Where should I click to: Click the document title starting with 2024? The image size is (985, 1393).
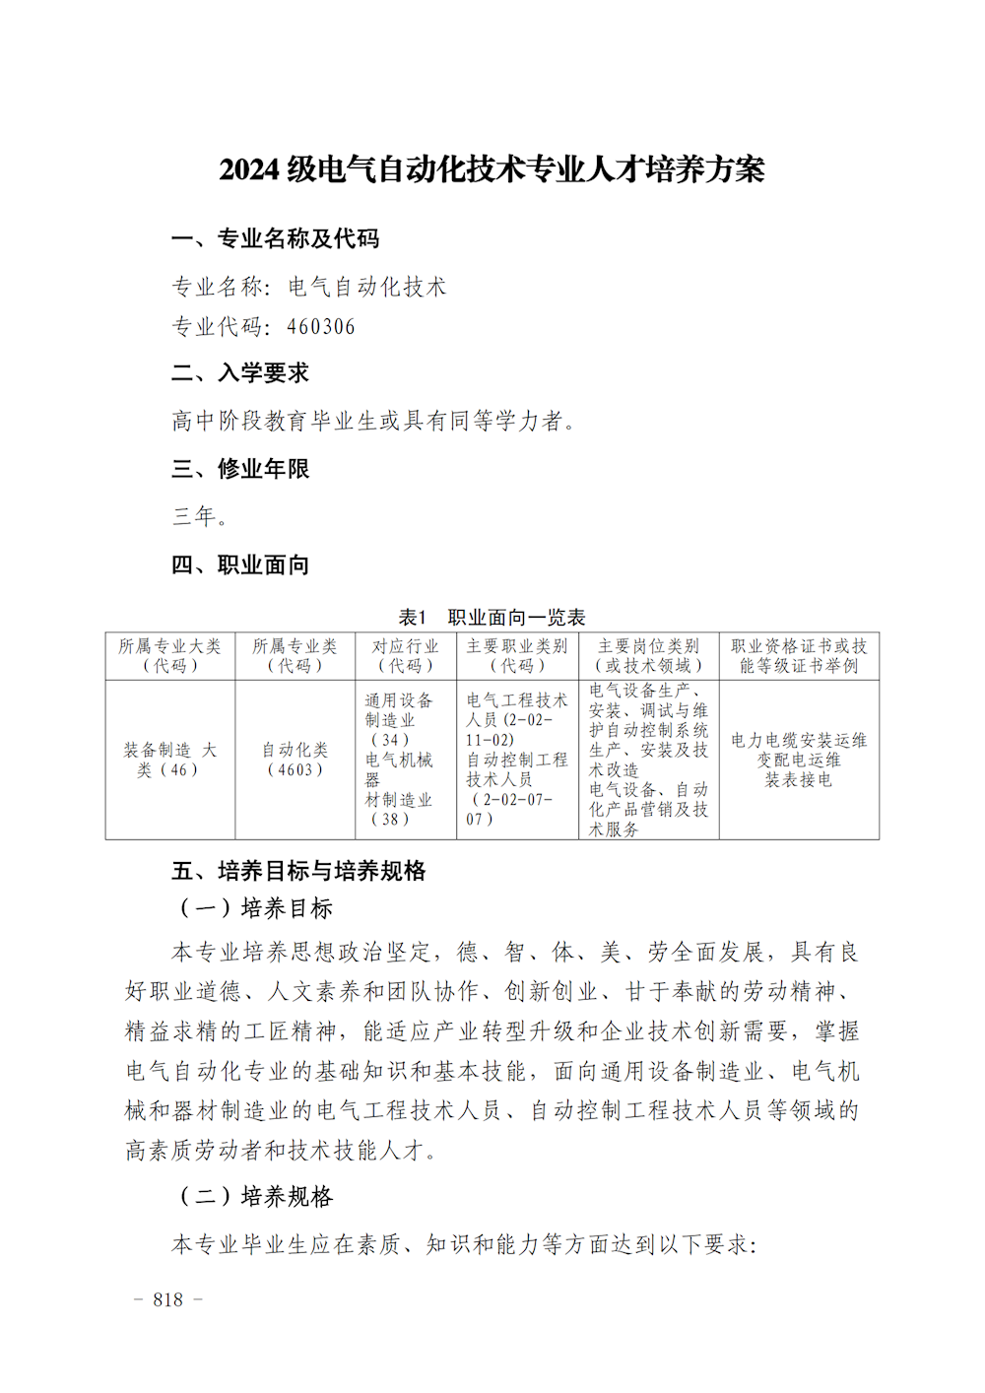(492, 169)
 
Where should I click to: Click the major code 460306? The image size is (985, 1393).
(321, 327)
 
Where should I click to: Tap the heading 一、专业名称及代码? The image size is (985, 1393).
(275, 238)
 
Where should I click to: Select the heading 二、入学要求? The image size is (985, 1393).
(240, 373)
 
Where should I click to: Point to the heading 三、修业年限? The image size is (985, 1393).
(240, 469)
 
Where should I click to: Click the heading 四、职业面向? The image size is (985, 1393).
(240, 564)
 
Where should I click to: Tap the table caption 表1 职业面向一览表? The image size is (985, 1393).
(492, 618)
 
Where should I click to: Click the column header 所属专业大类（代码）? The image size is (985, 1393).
(170, 656)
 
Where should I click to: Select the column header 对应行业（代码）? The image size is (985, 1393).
(405, 656)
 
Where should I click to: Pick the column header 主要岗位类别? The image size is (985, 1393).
(648, 656)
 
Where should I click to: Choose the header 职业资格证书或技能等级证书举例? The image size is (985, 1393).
(799, 656)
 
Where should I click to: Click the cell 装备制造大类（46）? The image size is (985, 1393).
(170, 760)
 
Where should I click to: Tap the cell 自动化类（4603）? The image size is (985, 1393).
(295, 760)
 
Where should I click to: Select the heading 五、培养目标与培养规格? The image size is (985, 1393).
(298, 871)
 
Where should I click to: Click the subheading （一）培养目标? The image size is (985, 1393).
(256, 908)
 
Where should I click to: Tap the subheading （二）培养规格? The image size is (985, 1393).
(256, 1197)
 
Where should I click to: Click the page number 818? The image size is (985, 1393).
(168, 1300)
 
